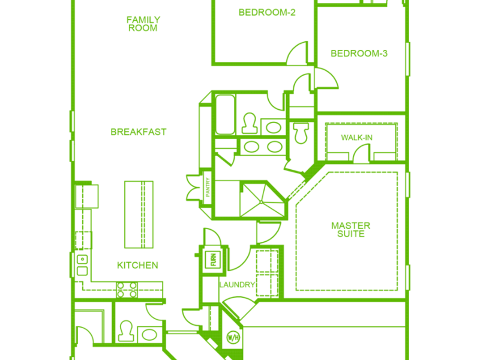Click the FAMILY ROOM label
[143, 24]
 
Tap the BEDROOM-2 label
[267, 13]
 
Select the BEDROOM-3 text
[359, 53]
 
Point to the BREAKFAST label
[139, 132]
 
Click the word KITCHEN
[137, 265]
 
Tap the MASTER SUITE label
[351, 230]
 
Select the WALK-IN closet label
[356, 138]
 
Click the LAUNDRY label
[237, 285]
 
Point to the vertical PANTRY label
[208, 187]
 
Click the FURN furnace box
[213, 260]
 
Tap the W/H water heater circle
[233, 338]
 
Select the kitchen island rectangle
[139, 215]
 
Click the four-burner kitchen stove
[127, 290]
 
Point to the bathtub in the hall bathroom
[225, 115]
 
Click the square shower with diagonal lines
[262, 200]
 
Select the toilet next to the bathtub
[249, 123]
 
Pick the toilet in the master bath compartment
[301, 133]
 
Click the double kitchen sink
[82, 265]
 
